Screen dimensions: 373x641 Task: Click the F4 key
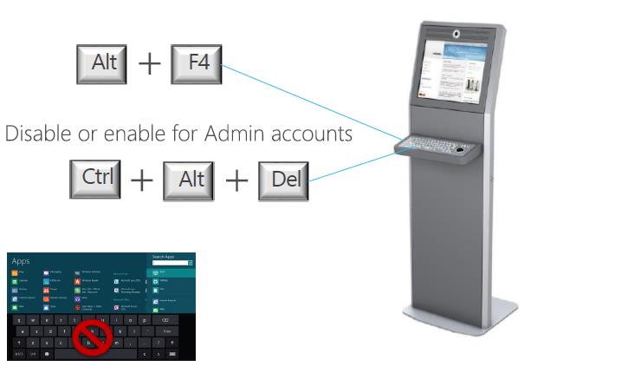coord(197,63)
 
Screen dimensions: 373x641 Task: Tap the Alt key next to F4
coord(102,63)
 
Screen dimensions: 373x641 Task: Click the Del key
coord(283,180)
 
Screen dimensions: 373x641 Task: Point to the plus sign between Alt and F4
coord(150,64)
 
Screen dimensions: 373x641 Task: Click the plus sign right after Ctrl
coord(142,179)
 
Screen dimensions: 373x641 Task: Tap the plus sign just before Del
coord(236,180)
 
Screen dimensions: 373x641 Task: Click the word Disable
coord(35,134)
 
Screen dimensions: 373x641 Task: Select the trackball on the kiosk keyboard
coord(460,147)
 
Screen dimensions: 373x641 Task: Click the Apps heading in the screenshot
coord(21,260)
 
